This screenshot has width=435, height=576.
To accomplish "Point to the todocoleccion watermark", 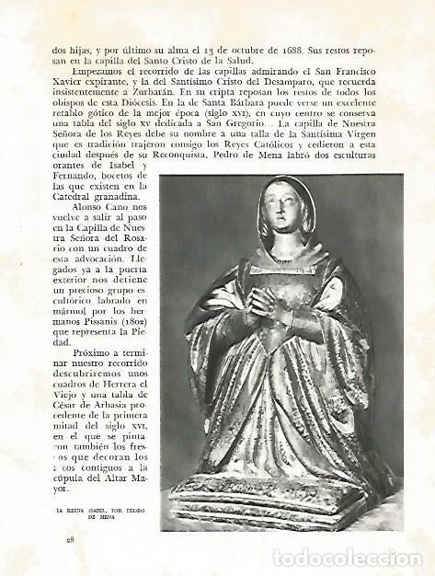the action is coord(347,558).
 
